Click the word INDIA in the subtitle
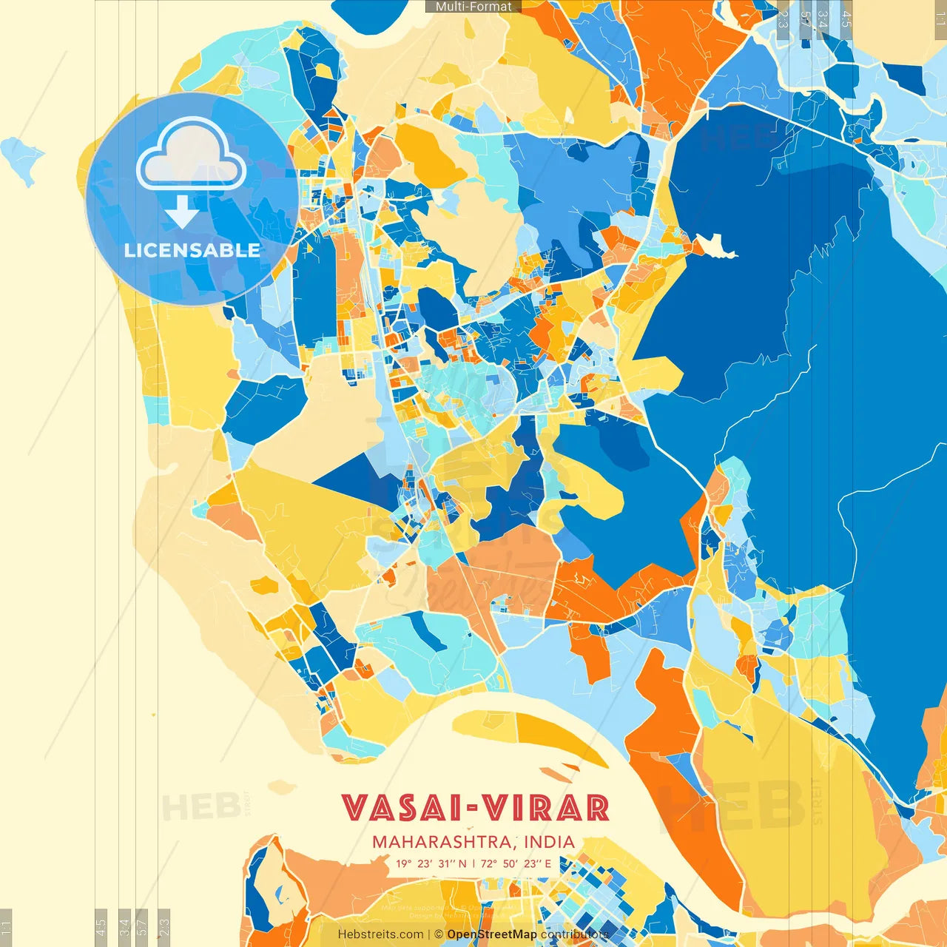(x=549, y=842)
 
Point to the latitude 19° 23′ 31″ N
(x=431, y=863)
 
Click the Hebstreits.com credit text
(x=380, y=934)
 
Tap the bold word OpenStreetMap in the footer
(x=491, y=934)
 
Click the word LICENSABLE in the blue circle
(x=192, y=250)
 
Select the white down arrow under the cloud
(x=181, y=213)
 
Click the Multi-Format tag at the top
(x=473, y=7)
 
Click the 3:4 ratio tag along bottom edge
(x=124, y=925)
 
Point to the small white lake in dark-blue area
(x=715, y=246)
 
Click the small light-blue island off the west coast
(x=21, y=158)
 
